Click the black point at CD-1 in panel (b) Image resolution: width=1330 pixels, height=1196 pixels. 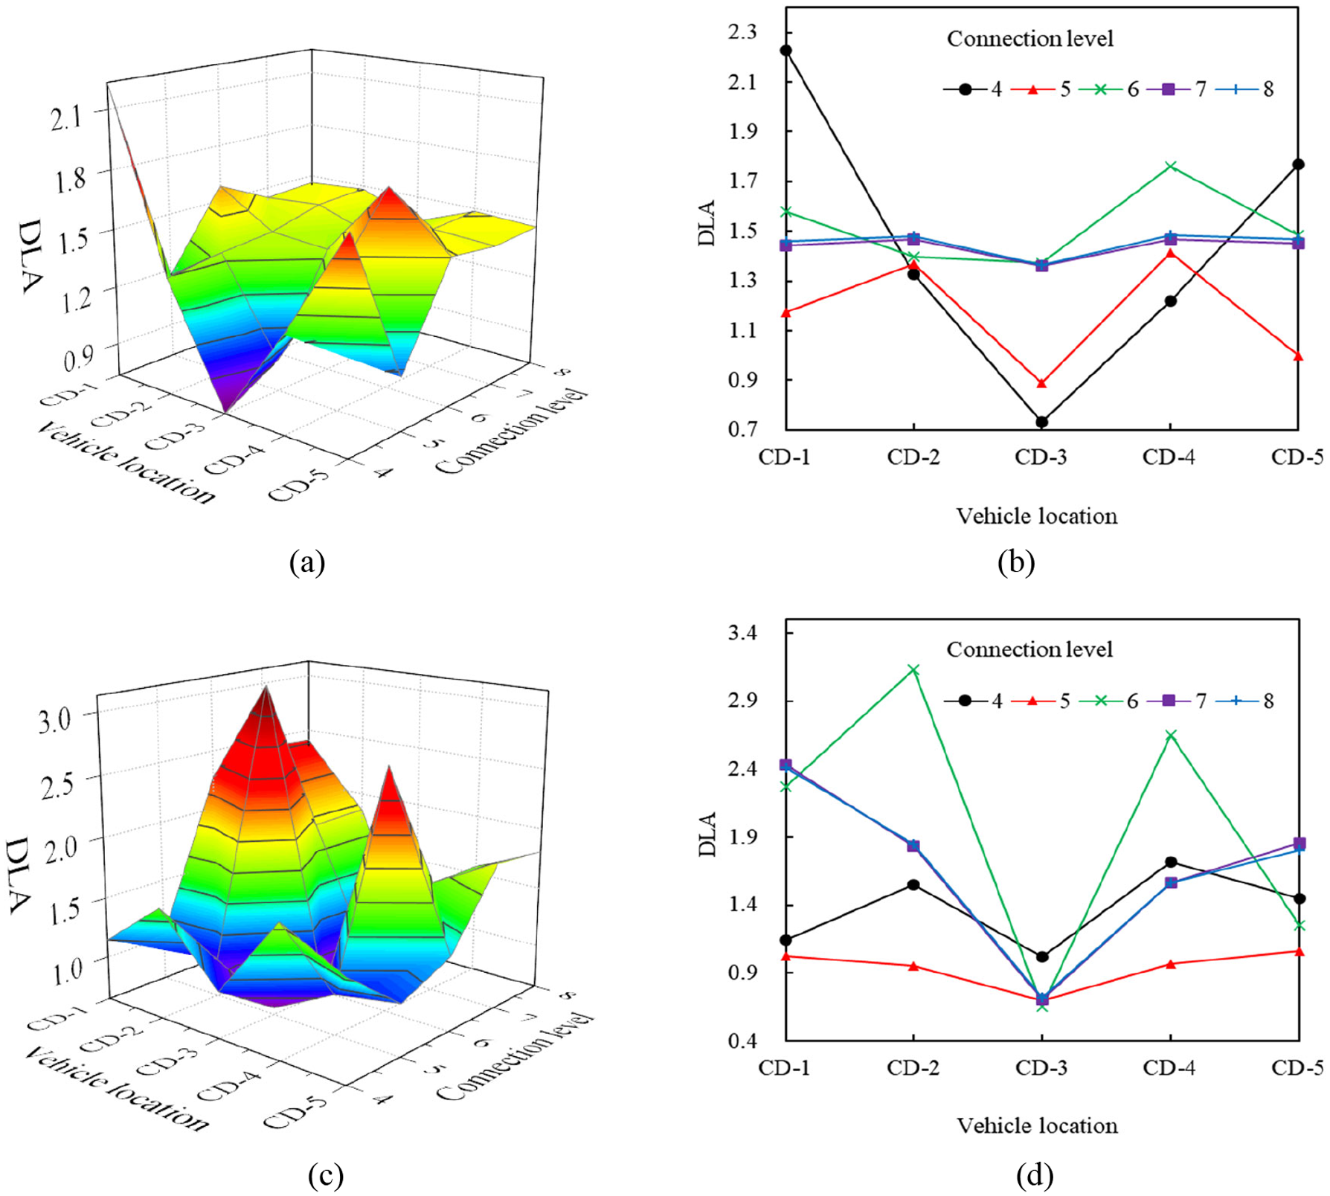coord(786,51)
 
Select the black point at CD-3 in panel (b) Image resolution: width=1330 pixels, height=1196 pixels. coord(1042,422)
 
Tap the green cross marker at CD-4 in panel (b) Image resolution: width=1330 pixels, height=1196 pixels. coord(1171,166)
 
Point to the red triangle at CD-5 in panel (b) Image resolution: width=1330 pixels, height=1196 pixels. coord(1298,356)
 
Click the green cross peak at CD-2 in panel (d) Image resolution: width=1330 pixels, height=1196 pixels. coord(913,670)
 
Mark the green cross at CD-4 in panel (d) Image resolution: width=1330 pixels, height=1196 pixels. coord(1171,735)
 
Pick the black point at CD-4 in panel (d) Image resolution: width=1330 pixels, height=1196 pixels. coord(1171,862)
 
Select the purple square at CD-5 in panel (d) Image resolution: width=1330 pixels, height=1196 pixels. coord(1299,843)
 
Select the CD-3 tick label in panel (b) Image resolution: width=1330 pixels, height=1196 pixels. coord(1041,457)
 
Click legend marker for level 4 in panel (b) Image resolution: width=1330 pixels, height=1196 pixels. coord(966,89)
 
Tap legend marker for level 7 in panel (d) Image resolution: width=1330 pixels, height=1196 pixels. coord(1168,701)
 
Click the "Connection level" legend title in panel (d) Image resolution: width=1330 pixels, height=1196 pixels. coord(1029,649)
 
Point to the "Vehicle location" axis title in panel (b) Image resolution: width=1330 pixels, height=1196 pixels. coord(1037,516)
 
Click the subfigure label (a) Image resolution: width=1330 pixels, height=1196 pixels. coord(307,561)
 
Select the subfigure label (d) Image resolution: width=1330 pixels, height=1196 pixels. coord(1035,1175)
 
